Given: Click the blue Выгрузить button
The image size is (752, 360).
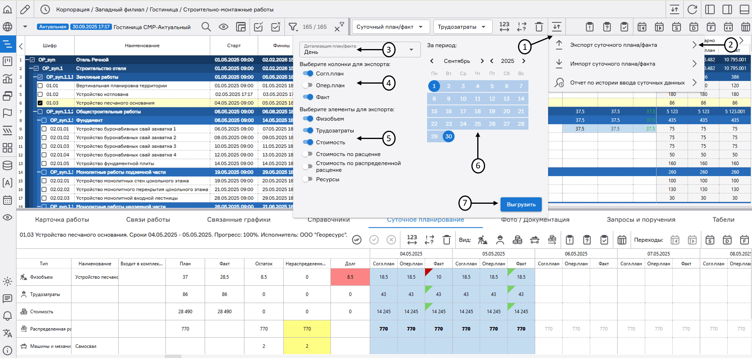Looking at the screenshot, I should click(521, 205).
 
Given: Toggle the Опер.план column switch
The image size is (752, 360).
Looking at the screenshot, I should click(308, 85).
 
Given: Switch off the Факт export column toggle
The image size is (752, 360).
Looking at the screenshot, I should click(308, 97).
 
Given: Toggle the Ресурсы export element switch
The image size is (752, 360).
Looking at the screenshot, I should click(308, 179).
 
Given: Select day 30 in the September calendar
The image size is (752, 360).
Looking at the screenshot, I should click(449, 136).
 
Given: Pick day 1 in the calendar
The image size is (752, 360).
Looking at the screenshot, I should click(434, 86).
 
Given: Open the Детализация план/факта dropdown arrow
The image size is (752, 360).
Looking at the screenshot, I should click(411, 50).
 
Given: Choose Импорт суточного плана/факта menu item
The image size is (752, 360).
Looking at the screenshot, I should click(612, 64).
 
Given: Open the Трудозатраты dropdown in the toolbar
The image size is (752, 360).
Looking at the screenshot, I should click(462, 27).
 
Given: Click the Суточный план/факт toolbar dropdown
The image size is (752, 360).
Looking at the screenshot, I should click(390, 27).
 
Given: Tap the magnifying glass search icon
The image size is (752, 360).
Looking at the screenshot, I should click(206, 27).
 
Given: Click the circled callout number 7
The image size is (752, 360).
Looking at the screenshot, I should click(465, 203).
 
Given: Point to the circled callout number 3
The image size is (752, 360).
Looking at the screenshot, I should click(389, 50).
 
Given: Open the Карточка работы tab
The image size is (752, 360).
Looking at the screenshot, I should click(62, 219).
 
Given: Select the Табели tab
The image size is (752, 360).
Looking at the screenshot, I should click(723, 219).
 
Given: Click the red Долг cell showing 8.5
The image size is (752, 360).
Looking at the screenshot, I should click(350, 277).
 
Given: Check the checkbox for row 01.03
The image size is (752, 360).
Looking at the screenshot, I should click(40, 103).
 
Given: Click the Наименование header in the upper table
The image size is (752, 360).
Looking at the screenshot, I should click(142, 46).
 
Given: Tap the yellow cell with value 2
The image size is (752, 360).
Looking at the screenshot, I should click(307, 346).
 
